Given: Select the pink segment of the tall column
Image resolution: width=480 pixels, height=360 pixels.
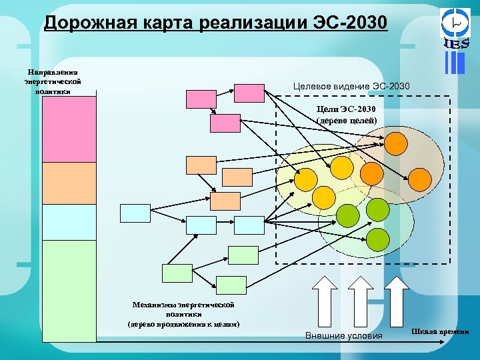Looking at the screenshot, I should tap(69, 129).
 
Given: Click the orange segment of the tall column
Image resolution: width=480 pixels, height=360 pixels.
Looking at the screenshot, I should tap(69, 183).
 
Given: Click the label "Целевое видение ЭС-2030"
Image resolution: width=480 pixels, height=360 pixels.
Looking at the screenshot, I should tap(352, 87).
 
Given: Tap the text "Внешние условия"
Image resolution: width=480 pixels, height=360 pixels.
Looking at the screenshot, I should tap(343, 335).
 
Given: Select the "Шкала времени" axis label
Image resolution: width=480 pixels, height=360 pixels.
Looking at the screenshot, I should tap(440, 331).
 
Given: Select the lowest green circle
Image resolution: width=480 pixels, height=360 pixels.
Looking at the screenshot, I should tap(378, 238).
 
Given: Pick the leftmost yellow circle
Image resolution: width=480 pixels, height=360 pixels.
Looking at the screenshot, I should tap(306, 179).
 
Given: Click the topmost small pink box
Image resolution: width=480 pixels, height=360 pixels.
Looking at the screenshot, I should tap(201, 99).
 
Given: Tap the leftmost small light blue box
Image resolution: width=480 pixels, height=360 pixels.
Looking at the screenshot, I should tap(135, 213).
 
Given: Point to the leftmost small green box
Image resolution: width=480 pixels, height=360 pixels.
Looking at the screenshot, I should tap(177, 274).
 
